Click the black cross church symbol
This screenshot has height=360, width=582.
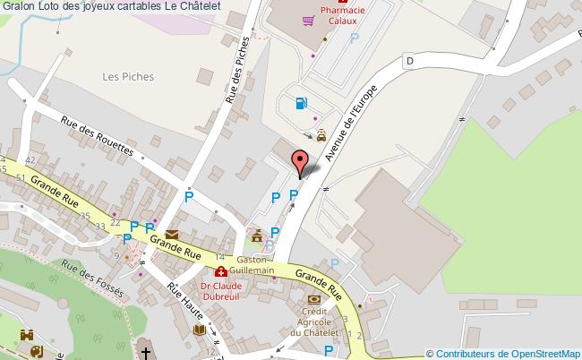146,353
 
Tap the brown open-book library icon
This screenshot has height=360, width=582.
200,330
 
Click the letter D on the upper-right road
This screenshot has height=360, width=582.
409,61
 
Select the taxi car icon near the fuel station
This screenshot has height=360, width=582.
321,136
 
